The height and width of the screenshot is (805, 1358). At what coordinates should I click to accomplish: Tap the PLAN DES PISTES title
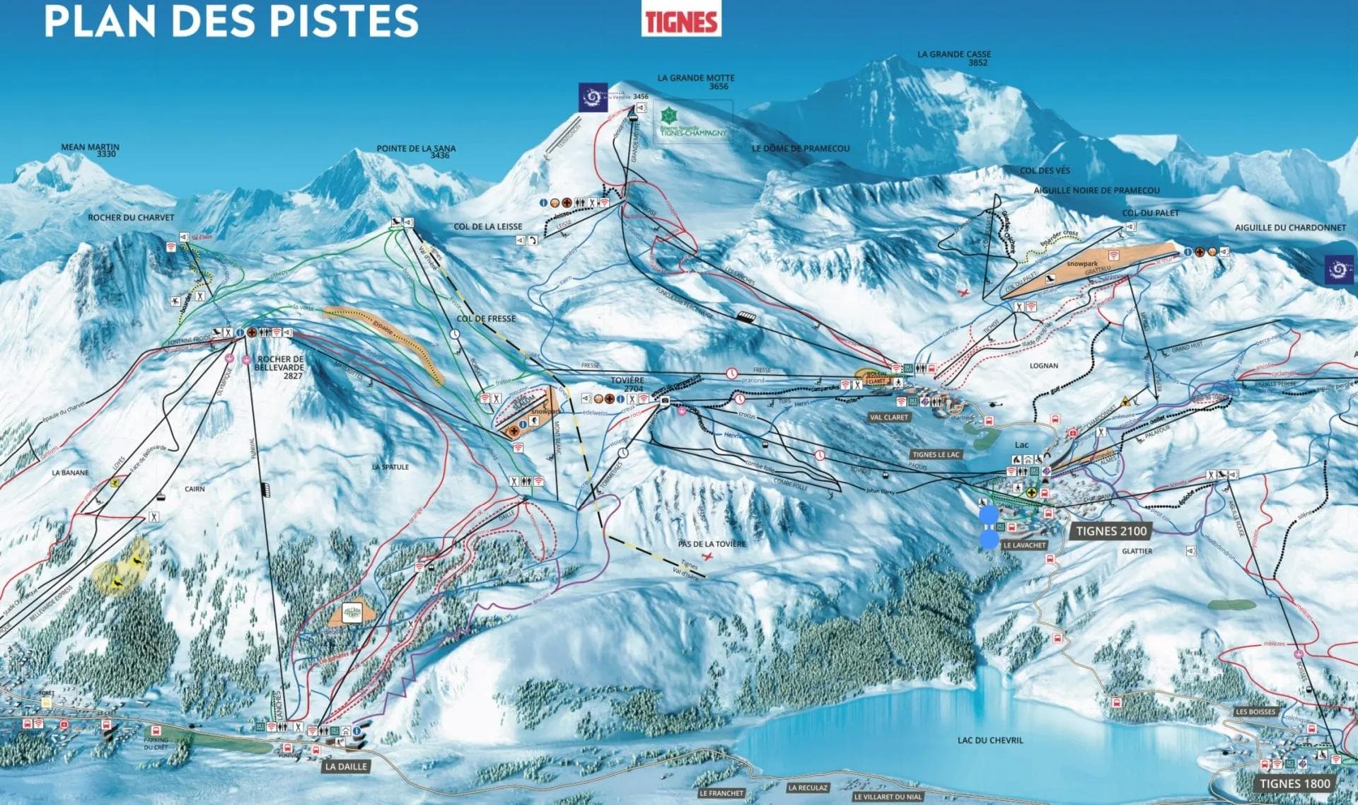231,20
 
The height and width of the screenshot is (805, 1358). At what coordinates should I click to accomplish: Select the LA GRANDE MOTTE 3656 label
696,82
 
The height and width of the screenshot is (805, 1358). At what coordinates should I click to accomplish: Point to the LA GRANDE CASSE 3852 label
954,58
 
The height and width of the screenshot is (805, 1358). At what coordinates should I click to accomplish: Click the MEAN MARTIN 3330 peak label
91,150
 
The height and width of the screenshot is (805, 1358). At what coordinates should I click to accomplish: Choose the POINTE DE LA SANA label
416,151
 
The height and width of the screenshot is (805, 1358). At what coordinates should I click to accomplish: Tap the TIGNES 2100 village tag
1111,531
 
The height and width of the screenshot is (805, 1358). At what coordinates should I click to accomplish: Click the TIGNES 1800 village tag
1294,783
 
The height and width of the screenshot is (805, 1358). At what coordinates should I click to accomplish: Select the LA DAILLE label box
346,766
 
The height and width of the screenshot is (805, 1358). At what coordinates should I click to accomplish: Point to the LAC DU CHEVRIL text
990,740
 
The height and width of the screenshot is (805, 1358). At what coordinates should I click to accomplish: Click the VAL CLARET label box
889,417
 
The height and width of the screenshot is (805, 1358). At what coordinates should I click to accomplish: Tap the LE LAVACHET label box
1024,545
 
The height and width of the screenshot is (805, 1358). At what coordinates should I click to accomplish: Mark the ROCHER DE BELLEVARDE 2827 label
281,367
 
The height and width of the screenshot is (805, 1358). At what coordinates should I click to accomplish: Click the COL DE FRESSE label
486,318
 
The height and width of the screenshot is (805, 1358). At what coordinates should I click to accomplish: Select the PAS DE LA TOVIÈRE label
712,544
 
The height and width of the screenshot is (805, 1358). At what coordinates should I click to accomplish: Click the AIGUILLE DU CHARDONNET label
1290,228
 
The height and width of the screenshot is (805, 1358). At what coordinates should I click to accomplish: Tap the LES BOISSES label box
1255,712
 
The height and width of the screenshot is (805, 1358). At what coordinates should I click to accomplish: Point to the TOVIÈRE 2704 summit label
627,385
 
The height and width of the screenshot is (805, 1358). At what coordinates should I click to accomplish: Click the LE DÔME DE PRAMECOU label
800,149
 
